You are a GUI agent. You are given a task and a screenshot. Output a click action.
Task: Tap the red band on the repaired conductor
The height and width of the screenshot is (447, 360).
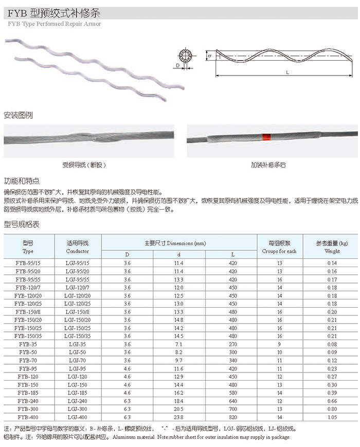(x=266, y=138)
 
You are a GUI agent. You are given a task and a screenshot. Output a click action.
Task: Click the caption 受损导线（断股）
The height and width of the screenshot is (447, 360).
(x=84, y=165)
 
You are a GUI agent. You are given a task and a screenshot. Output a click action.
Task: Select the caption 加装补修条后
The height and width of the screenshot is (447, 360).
(x=268, y=165)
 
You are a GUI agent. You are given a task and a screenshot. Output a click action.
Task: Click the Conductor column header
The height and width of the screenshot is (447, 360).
(x=78, y=247)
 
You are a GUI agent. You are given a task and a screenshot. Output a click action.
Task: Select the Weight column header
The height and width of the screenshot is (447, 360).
(x=332, y=247)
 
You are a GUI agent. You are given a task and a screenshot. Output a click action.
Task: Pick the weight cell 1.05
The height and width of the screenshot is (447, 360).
(x=332, y=418)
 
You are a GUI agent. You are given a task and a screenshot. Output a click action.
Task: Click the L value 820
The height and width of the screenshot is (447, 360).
(x=233, y=418)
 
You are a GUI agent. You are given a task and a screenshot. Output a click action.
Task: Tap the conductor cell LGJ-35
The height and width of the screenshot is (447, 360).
(x=78, y=344)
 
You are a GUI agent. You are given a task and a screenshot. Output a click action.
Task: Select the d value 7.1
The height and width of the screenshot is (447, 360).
(x=179, y=344)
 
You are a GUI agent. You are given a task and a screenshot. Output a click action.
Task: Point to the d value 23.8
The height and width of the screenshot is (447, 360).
(x=179, y=418)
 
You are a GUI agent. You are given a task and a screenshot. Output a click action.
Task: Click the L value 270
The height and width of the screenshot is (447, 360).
(x=233, y=344)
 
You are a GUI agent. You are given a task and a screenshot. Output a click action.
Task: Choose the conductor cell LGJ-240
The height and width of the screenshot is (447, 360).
(x=78, y=401)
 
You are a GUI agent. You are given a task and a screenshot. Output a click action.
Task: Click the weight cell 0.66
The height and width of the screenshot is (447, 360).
(x=332, y=401)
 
